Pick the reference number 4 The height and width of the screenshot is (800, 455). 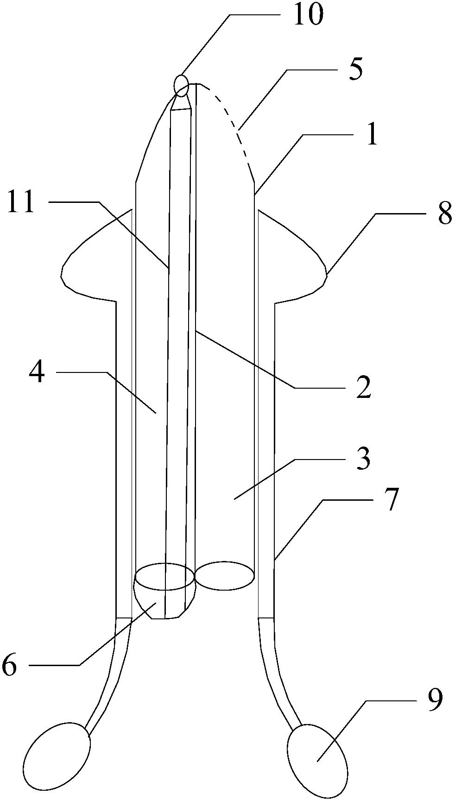(37, 372)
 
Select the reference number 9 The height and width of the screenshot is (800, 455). (434, 700)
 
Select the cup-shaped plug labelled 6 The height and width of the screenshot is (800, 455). (164, 600)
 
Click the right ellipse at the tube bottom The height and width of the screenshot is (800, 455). (225, 575)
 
